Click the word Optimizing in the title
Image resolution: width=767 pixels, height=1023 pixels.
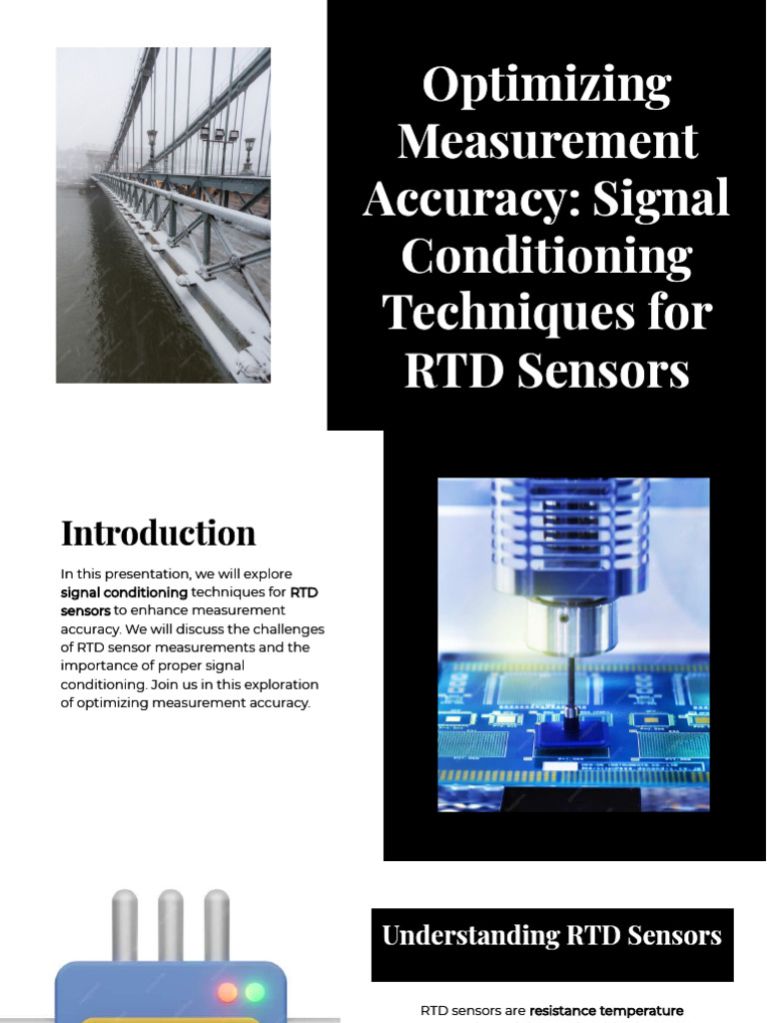click(546, 85)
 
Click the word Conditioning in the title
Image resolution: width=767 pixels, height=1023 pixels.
click(546, 256)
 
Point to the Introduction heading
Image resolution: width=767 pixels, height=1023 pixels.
click(158, 532)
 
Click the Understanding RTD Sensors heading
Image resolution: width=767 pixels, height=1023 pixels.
click(551, 936)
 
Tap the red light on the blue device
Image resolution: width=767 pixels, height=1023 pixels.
click(228, 992)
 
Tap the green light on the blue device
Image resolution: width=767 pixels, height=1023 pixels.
click(256, 992)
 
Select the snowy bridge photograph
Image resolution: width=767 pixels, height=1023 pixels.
click(163, 215)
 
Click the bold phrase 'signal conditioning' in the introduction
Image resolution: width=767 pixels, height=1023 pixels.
click(123, 592)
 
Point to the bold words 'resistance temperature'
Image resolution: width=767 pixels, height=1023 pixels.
click(606, 1011)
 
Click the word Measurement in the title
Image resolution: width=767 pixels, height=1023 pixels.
click(546, 142)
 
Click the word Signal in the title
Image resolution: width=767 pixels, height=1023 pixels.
click(661, 199)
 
